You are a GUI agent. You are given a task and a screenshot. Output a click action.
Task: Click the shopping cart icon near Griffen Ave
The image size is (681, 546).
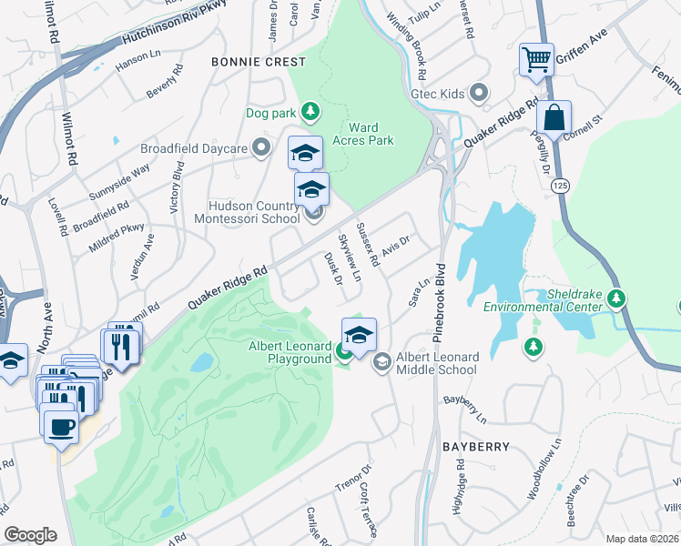pyautogui.click(x=536, y=61)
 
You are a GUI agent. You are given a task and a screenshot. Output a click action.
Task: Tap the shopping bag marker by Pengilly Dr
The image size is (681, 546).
pyautogui.click(x=554, y=117)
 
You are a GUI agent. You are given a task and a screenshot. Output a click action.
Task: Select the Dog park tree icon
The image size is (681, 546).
pyautogui.click(x=310, y=111)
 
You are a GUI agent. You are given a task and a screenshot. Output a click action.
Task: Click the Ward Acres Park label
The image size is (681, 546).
pyautogui.click(x=370, y=134)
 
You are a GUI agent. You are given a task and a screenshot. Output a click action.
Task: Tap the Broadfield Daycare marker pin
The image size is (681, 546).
pyautogui.click(x=263, y=147)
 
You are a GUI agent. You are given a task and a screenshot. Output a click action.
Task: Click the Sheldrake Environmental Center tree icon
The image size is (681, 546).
pyautogui.click(x=616, y=298)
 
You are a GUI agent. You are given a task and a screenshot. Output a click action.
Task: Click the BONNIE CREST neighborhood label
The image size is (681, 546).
pyautogui.click(x=259, y=62)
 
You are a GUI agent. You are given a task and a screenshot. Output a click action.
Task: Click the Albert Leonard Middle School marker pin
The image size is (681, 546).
pyautogui.click(x=382, y=361)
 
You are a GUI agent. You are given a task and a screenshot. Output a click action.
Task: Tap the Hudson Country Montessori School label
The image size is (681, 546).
pyautogui.click(x=249, y=212)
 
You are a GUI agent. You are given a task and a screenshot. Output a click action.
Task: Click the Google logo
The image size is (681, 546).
pyautogui.click(x=31, y=535)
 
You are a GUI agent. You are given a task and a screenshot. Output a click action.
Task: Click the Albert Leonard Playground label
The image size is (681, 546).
pyautogui.click(x=290, y=352)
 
